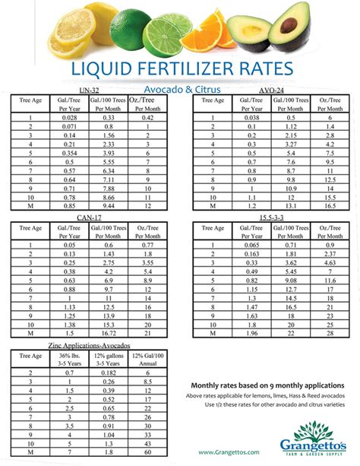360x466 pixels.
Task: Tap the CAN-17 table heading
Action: pyautogui.click(x=88, y=218)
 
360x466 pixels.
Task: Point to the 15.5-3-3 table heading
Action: pyautogui.click(x=272, y=218)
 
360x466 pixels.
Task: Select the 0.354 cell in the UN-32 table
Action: pyautogui.click(x=69, y=153)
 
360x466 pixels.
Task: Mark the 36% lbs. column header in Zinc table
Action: pyautogui.click(x=69, y=358)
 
